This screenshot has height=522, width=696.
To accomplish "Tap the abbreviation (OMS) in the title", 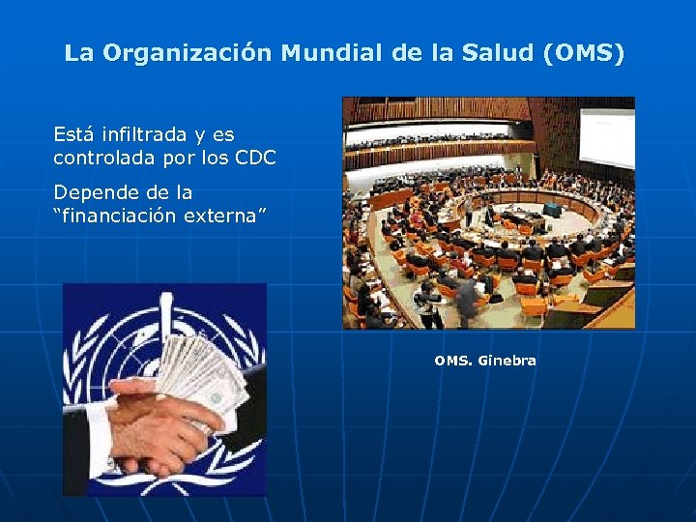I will pos(584,53).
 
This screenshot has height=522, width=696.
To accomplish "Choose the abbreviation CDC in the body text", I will pos(255,157).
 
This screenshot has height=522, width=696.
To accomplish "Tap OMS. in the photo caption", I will pos(452,361).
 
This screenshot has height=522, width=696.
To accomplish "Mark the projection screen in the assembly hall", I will pos(605,130).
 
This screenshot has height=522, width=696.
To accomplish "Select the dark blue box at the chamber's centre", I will pos(552,209).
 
